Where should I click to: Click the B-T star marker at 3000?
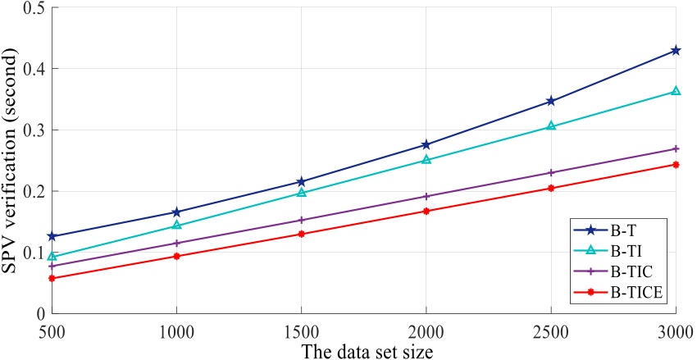[x=676, y=50]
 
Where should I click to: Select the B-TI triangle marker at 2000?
[x=426, y=159]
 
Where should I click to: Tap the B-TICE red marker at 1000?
[x=177, y=256]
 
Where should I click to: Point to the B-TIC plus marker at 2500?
[x=551, y=172]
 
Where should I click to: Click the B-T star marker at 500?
[x=52, y=236]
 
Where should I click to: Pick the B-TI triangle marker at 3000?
[x=676, y=90]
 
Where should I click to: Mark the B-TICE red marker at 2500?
[x=551, y=188]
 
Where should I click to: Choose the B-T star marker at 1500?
[x=302, y=181]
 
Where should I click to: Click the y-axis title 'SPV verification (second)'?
[x=11, y=161]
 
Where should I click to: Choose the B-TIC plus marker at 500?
[x=52, y=266]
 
